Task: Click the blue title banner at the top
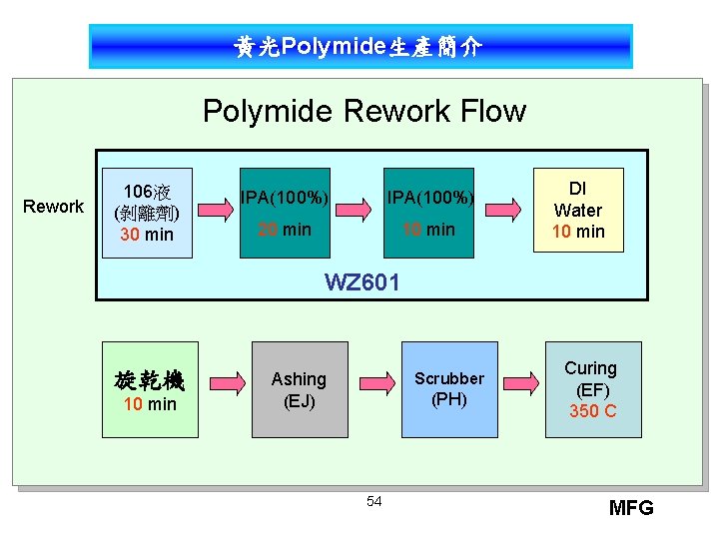coord(359,47)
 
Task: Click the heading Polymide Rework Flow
coord(363,110)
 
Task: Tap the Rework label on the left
coord(54,207)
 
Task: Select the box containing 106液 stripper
coord(147,212)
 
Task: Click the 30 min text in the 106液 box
coord(147,235)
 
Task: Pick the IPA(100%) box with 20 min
coord(285,211)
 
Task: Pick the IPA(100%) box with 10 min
coord(429,211)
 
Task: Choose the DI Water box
coord(578,210)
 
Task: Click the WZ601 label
coord(362,282)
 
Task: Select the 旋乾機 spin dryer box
coord(149,389)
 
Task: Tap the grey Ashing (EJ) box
coord(300,389)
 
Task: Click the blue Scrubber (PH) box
coord(448,389)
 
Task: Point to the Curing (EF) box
coord(592,389)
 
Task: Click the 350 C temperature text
coord(592,411)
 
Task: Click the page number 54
coord(373,500)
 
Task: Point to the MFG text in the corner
coord(630,508)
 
